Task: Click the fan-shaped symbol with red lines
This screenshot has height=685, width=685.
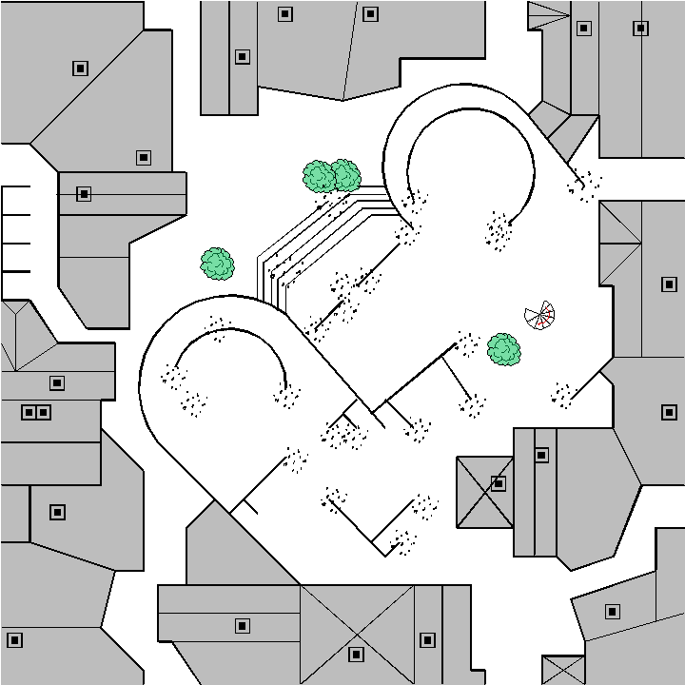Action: [541, 316]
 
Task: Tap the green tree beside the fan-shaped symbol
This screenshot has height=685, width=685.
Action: [504, 349]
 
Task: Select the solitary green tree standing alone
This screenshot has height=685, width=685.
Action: [218, 264]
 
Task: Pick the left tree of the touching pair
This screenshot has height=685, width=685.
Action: [320, 176]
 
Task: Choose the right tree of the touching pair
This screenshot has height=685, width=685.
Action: [345, 174]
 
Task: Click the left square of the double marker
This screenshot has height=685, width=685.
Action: [29, 412]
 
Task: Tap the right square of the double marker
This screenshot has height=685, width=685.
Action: [43, 412]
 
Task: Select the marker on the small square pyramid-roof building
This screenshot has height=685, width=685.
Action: [499, 483]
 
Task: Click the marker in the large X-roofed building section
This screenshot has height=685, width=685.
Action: [356, 654]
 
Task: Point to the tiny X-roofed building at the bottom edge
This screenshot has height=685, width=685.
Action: [562, 669]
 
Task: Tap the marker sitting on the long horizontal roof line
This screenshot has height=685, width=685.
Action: [84, 194]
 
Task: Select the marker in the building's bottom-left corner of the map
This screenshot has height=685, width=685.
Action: [14, 639]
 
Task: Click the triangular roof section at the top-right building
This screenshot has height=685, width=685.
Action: [546, 15]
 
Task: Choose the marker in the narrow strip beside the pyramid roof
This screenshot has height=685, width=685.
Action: [541, 455]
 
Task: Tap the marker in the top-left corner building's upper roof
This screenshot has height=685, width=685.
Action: [80, 68]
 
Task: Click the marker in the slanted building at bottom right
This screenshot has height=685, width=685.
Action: [613, 611]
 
